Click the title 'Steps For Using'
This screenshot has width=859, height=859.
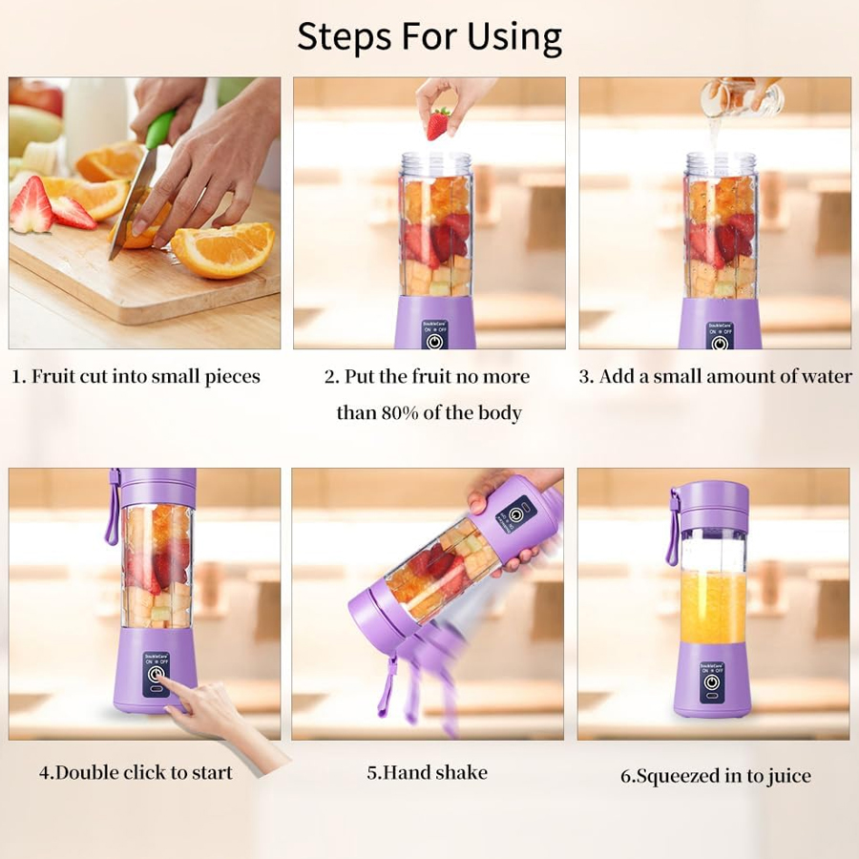coord(429,36)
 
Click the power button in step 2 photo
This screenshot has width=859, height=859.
coord(434,341)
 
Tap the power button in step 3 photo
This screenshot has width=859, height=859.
coord(720,341)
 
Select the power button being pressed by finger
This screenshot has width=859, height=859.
coord(155,674)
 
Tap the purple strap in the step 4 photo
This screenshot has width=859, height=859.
coord(113,506)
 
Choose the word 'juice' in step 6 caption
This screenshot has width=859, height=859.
coord(786,775)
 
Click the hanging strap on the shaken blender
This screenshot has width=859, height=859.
coord(388,687)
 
